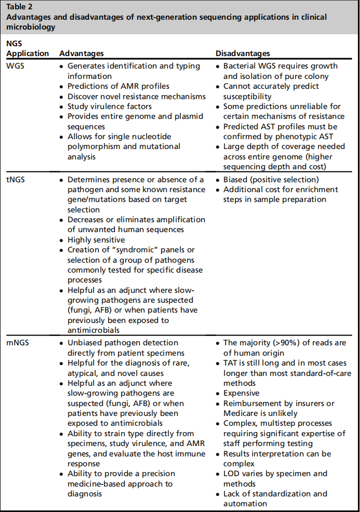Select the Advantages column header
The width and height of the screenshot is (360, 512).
pos(82,53)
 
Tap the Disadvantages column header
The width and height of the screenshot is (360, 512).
pos(243,53)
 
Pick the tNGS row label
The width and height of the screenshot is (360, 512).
pos(15,180)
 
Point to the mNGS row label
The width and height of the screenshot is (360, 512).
pos(17,343)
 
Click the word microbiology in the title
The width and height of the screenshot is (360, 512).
pos(31,26)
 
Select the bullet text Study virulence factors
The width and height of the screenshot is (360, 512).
pos(112,106)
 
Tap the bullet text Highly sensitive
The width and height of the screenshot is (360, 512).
pos(96,240)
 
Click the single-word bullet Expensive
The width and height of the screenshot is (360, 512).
pos(242,393)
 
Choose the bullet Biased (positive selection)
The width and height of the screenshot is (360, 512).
pos(271,180)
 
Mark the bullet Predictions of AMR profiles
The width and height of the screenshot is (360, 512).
pos(118,86)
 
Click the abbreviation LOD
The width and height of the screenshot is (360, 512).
pos(232,474)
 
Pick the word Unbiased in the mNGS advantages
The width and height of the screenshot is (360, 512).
pos(85,343)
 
